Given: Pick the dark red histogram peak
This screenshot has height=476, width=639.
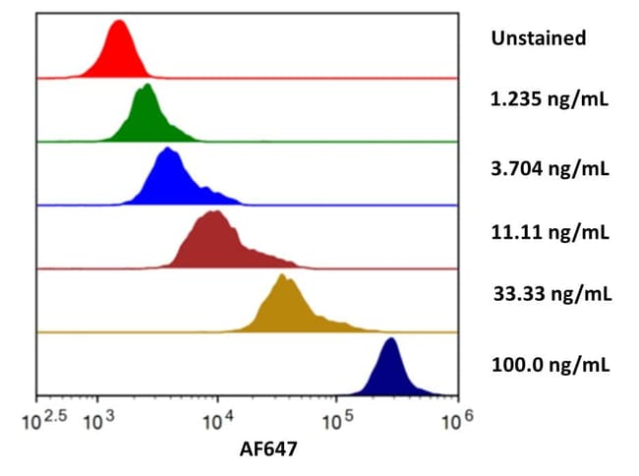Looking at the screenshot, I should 213,243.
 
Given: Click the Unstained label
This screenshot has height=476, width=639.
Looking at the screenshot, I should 538,38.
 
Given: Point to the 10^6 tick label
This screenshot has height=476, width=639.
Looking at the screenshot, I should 454,421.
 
